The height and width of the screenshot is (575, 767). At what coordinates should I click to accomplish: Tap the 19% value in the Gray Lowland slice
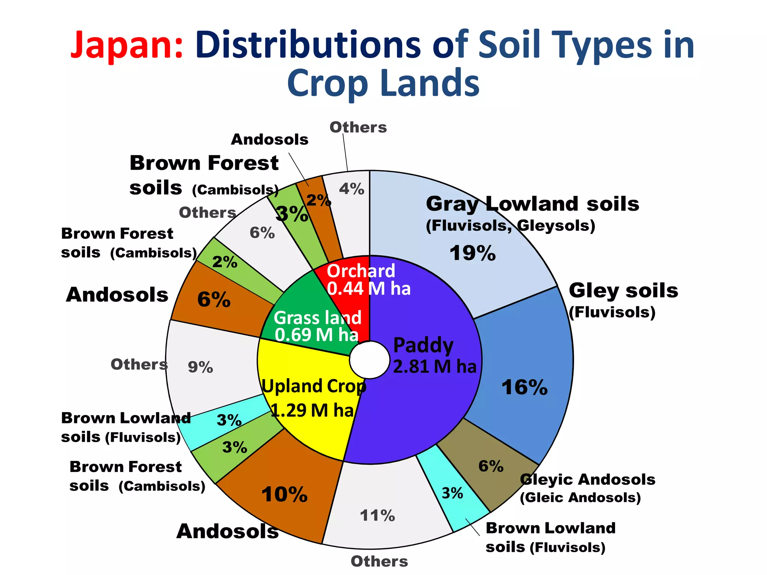[x=473, y=253]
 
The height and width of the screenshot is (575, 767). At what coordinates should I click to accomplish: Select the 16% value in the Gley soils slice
[x=524, y=387]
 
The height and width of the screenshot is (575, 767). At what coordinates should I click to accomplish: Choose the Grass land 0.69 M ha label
[x=318, y=326]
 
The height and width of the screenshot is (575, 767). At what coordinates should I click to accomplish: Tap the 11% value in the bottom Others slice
[x=378, y=515]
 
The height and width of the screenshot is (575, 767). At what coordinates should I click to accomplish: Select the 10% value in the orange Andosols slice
[x=285, y=495]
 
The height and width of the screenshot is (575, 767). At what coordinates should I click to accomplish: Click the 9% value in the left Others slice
[x=200, y=367]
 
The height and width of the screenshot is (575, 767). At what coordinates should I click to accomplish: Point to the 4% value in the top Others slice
[x=352, y=189]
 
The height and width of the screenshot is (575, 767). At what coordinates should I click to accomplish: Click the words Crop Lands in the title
[x=383, y=83]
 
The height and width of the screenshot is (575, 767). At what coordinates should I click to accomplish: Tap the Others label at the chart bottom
[x=379, y=561]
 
